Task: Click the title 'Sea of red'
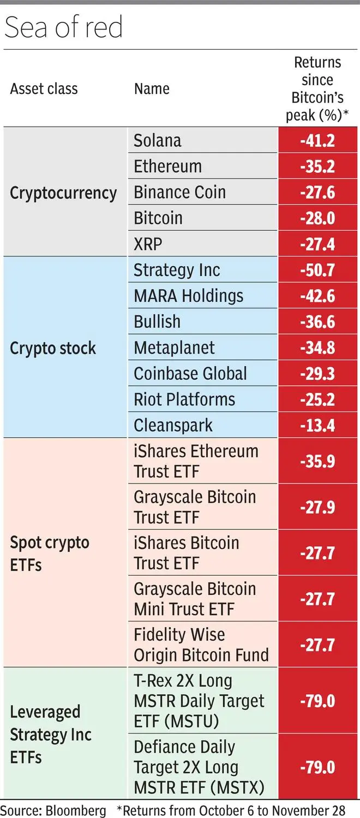coord(63,27)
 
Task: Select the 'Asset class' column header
coord(44,88)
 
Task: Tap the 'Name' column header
coord(152,88)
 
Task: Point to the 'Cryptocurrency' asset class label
coord(63,193)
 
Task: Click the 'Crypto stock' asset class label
coord(53,348)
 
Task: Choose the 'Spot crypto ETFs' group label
coord(50,553)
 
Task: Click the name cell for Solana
coord(158,140)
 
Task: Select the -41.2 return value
coord(317,141)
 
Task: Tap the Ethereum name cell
coord(168,166)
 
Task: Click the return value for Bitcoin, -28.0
coord(317,218)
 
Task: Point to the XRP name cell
coord(148,244)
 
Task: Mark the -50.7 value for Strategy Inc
coord(317,270)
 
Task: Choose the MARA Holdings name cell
coord(189,296)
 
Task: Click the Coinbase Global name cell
coord(190,374)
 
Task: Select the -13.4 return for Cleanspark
coord(317,426)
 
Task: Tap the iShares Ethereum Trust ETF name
coord(196,462)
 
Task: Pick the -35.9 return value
coord(317,462)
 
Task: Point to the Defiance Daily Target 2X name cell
coord(200,767)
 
